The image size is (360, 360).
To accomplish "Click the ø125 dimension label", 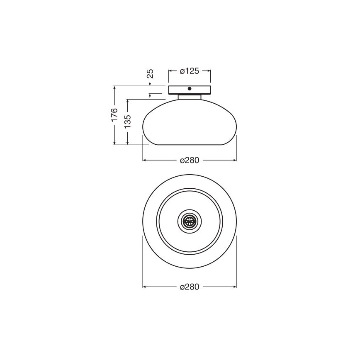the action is pyautogui.click(x=190, y=71).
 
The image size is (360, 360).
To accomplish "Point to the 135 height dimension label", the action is pyautogui.click(x=127, y=122).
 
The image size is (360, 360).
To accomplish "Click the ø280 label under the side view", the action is pyautogui.click(x=190, y=160).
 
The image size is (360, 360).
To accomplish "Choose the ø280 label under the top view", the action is pyautogui.click(x=190, y=287).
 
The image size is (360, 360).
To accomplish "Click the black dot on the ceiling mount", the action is pyautogui.click(x=190, y=89).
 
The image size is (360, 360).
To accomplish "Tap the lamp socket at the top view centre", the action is pyautogui.click(x=190, y=221).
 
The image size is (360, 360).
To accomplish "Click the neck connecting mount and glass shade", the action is pyautogui.click(x=190, y=97).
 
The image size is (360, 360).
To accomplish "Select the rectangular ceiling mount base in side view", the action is pyautogui.click(x=190, y=90).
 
